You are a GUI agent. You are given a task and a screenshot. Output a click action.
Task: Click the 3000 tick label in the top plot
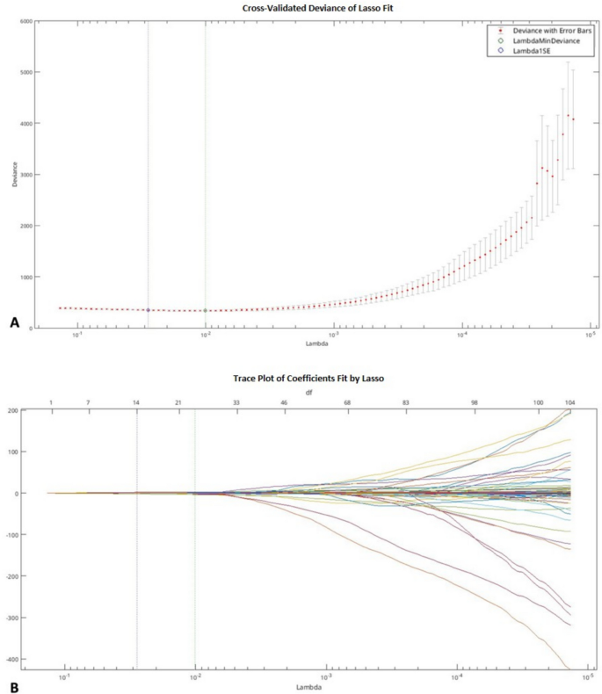coord(25,175)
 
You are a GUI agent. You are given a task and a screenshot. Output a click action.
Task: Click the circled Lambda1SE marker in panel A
coord(148,310)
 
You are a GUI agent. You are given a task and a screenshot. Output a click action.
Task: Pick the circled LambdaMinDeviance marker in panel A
coord(205,310)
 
